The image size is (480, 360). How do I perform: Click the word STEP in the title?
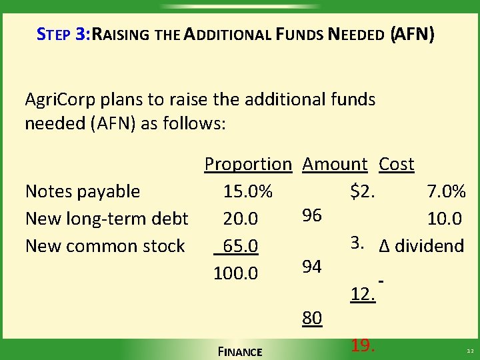[53, 34]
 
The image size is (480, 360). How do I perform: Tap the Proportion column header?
[248, 164]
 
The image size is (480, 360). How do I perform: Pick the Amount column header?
[335, 164]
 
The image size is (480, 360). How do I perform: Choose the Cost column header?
[396, 164]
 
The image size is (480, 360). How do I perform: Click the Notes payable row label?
[83, 191]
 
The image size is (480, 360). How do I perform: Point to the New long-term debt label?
[107, 219]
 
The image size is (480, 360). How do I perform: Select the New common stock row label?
[105, 246]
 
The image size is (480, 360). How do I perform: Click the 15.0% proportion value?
[248, 191]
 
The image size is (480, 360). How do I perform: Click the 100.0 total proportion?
[235, 273]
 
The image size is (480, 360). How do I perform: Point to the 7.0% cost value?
[446, 191]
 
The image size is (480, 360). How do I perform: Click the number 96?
[312, 215]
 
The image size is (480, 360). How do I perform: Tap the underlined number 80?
[312, 319]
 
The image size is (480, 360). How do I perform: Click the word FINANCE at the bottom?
[240, 351]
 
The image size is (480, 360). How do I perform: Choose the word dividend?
[429, 246]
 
